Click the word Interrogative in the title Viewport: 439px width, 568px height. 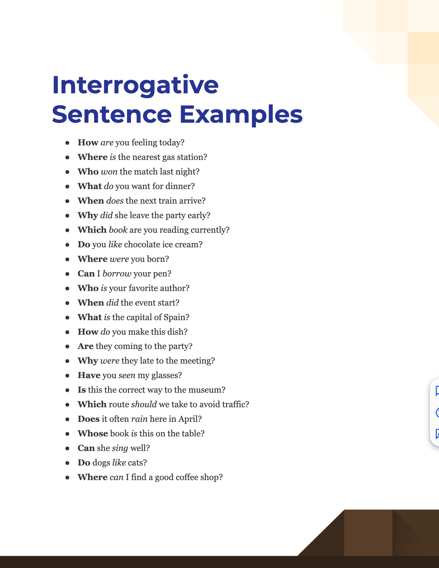point(135,85)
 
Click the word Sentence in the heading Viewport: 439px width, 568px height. point(112,115)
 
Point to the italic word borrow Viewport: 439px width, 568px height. point(117,273)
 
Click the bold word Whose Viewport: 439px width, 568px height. point(93,433)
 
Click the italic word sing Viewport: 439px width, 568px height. point(120,448)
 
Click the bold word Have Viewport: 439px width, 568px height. point(89,375)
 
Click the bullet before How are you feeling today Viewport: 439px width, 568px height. point(67,143)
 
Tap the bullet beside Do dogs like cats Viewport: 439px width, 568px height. point(67,463)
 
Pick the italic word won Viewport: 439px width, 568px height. point(109,172)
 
